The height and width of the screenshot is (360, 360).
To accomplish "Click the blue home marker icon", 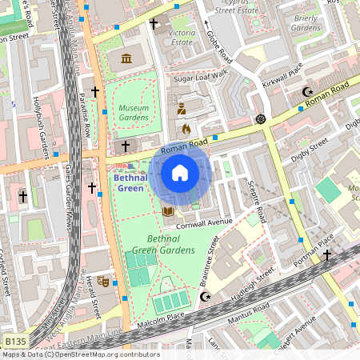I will click(180, 173).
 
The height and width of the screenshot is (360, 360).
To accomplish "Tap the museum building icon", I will click(127, 58).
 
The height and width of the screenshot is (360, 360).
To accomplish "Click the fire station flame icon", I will click(186, 128).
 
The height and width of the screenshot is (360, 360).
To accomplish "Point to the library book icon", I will click(168, 211).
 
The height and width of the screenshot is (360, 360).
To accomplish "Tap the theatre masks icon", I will click(102, 282).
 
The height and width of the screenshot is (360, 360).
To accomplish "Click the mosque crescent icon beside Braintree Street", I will click(206, 298).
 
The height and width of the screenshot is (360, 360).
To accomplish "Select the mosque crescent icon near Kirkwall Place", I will click(308, 93).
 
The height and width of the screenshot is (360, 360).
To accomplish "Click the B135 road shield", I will click(14, 342).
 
